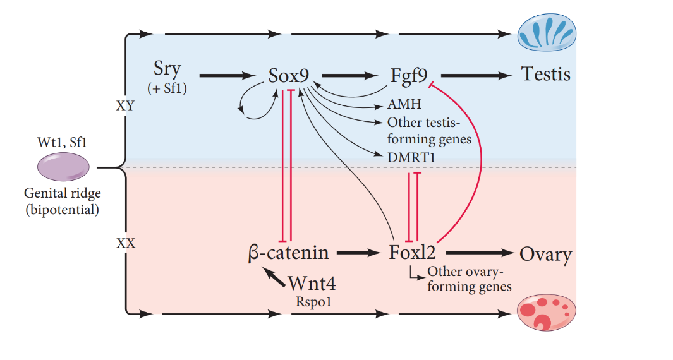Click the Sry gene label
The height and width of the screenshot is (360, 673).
(x=167, y=68)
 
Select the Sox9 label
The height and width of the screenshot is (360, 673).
(x=288, y=76)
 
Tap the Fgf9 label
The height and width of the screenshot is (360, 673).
(x=410, y=76)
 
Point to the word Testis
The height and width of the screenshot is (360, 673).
(x=545, y=75)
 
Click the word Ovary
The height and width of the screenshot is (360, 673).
(x=545, y=255)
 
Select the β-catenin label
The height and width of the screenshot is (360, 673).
(x=289, y=253)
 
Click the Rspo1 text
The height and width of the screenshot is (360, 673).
(x=313, y=302)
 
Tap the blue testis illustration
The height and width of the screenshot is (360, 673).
(x=547, y=33)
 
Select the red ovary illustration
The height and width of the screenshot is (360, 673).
(x=547, y=312)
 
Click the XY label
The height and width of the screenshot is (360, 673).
(x=125, y=106)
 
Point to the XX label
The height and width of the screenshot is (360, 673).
(x=126, y=242)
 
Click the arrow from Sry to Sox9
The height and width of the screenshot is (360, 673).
(x=225, y=76)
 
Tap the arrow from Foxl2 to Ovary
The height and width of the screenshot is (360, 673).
(x=480, y=253)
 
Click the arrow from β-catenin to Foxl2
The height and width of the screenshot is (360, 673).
(x=358, y=253)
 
